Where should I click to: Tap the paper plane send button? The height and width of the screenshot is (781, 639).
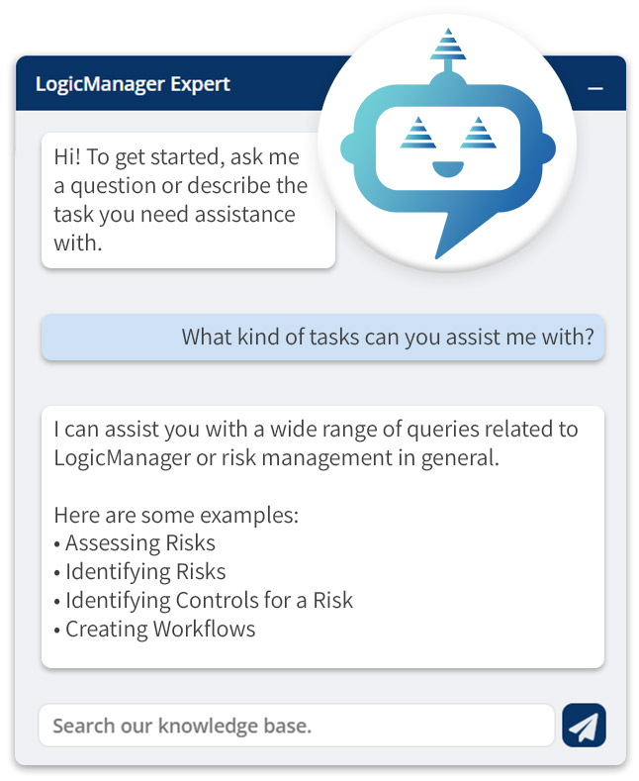click(x=584, y=726)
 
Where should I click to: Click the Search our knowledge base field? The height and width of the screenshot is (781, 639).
click(x=296, y=726)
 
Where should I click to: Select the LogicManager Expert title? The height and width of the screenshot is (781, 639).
click(x=133, y=83)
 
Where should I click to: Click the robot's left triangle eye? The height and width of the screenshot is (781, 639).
click(x=417, y=132)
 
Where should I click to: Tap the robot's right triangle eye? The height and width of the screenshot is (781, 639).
click(x=477, y=132)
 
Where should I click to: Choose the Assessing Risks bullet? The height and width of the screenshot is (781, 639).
click(x=139, y=542)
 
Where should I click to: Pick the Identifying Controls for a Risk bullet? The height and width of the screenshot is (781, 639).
click(x=209, y=600)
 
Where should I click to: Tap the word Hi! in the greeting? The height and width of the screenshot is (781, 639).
click(x=67, y=157)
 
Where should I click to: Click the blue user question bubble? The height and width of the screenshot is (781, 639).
click(x=322, y=338)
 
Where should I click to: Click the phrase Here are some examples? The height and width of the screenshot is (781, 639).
click(x=176, y=515)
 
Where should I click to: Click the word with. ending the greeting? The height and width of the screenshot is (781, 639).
click(x=77, y=243)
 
